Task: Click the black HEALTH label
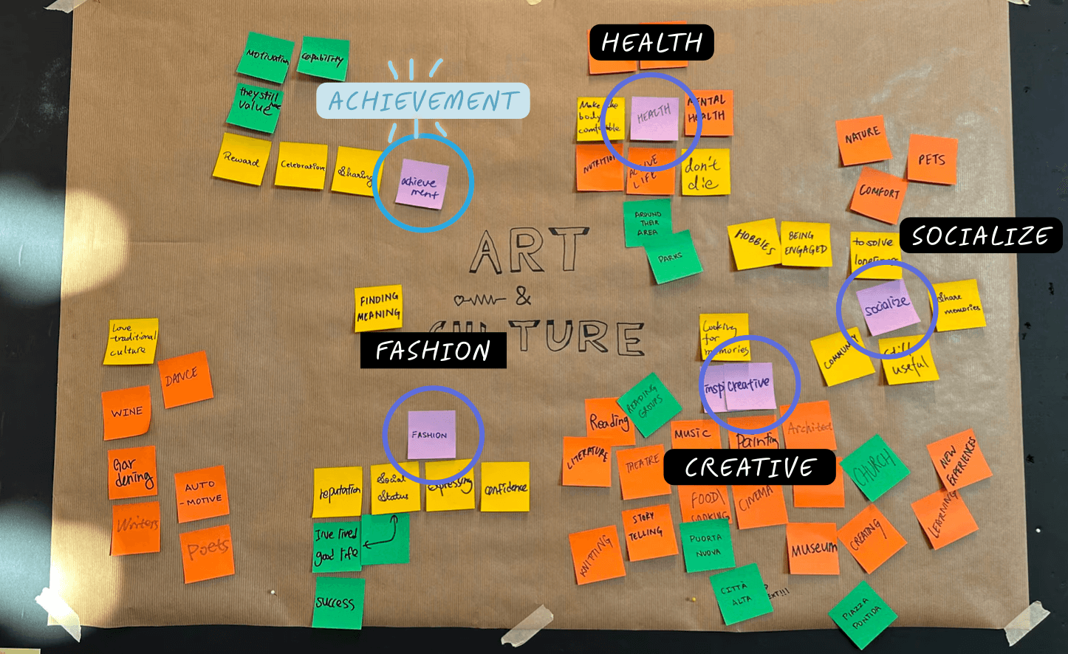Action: point(651,43)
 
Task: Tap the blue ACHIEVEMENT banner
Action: point(422,101)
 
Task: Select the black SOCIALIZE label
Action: point(980,236)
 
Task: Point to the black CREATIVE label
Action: point(749,467)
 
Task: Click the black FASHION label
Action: point(433,351)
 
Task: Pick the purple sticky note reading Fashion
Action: point(431,434)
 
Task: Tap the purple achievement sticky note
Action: point(422,184)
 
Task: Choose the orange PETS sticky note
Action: point(931,159)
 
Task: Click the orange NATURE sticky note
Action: point(863,140)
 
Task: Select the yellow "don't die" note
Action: point(705,172)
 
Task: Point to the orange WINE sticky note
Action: point(127,412)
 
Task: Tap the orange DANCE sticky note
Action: point(185,379)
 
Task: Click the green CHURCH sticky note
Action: point(874,468)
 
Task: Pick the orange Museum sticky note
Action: point(813,548)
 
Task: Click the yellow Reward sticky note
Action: point(241,159)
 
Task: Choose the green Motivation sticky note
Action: point(265,57)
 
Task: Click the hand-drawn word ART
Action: point(527,251)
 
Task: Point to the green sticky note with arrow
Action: point(385,539)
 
